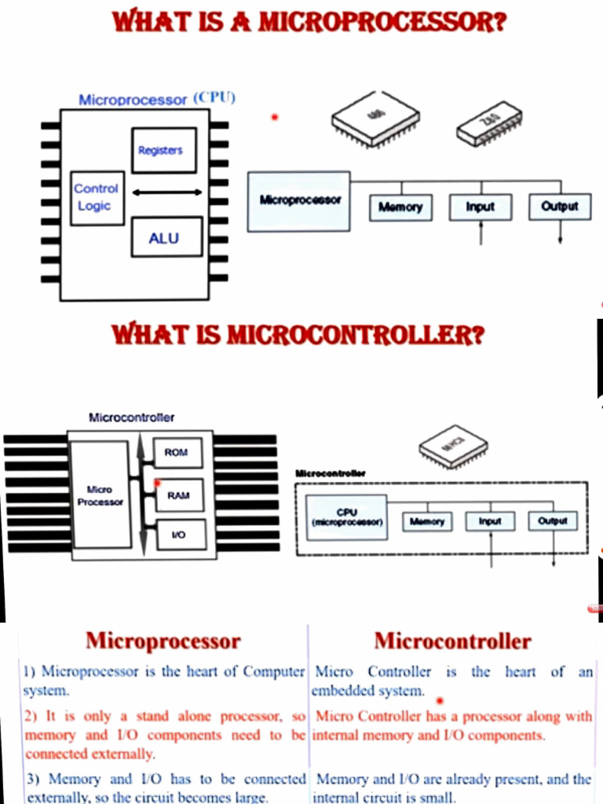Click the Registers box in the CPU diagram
click(163, 150)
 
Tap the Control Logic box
click(97, 198)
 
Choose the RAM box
click(177, 495)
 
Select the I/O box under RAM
click(177, 535)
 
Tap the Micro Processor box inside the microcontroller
click(100, 495)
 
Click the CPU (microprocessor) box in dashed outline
click(346, 517)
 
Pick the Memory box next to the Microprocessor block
click(400, 207)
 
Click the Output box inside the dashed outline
click(553, 521)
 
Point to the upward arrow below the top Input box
click(481, 233)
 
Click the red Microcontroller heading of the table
click(452, 641)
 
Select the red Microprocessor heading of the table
click(163, 641)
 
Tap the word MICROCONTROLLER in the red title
click(350, 336)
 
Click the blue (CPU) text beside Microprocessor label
click(214, 98)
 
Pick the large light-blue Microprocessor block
click(299, 202)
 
